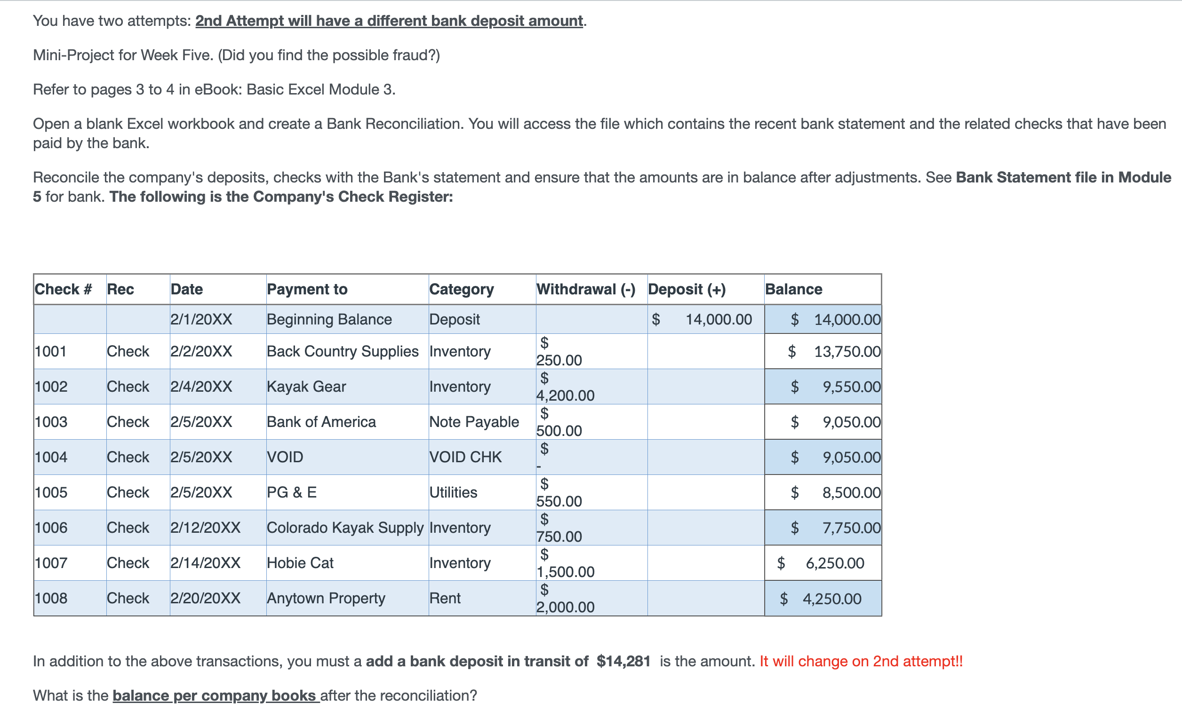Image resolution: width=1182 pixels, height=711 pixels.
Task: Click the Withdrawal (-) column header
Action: click(585, 289)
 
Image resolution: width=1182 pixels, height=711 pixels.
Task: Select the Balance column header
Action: click(793, 289)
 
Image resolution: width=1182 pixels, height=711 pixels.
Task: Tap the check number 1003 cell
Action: click(51, 422)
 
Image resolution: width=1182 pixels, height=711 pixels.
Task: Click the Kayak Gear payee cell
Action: click(306, 386)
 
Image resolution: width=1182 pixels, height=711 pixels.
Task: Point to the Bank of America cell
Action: click(321, 422)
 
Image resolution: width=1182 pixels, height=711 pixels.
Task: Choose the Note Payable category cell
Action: click(473, 422)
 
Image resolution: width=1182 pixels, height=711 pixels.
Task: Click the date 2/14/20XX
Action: click(205, 562)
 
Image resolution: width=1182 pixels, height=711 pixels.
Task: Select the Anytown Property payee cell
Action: click(326, 598)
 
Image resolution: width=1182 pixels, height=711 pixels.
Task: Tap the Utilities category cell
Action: click(453, 492)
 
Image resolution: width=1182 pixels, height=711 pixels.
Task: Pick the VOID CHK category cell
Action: click(465, 457)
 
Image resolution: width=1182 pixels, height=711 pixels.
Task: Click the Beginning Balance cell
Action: click(329, 319)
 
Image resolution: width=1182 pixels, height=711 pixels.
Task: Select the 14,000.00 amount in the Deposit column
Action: click(718, 319)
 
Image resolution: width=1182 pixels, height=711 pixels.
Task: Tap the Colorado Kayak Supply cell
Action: click(344, 528)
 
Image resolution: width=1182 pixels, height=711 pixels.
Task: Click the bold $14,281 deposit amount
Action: click(623, 661)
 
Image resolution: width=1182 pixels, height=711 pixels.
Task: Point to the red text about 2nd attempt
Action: click(861, 661)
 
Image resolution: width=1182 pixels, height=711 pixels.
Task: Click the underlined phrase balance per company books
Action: click(216, 695)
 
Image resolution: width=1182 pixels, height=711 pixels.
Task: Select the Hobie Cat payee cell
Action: click(300, 562)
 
